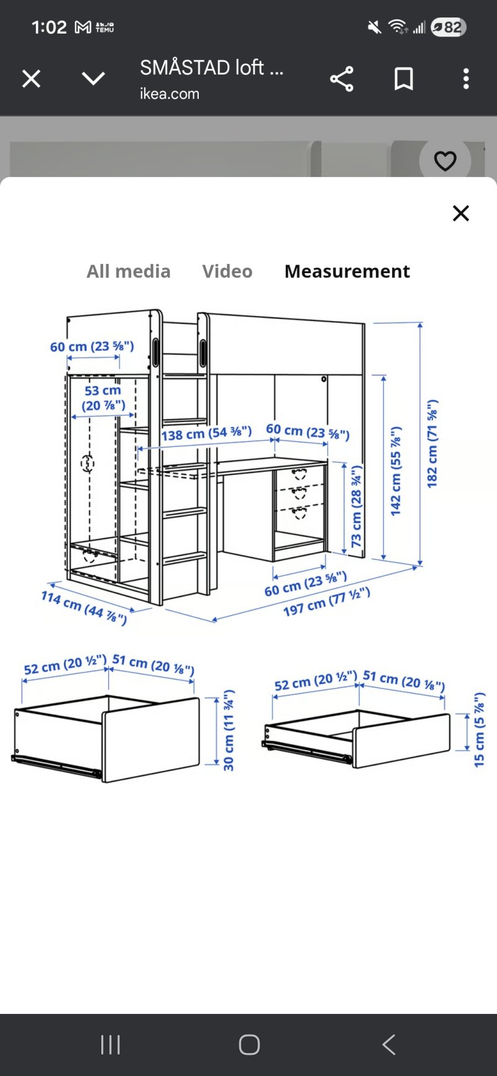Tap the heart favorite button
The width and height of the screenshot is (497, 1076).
[x=445, y=161]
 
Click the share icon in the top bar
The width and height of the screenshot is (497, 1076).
[x=342, y=79]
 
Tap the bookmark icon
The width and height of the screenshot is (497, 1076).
[x=404, y=79]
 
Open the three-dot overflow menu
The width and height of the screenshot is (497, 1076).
[x=466, y=79]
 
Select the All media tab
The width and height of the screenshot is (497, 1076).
[x=129, y=271]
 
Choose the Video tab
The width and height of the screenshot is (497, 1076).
[x=227, y=271]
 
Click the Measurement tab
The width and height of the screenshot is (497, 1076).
[x=347, y=271]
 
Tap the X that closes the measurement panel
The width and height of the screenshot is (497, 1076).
[x=461, y=213]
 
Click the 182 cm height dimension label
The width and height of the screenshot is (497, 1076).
[x=432, y=443]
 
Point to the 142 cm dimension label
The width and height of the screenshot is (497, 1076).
[x=396, y=471]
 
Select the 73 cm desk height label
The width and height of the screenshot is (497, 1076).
[x=357, y=507]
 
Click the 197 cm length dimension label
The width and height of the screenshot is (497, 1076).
[x=327, y=601]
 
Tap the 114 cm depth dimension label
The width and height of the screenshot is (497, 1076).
[x=84, y=608]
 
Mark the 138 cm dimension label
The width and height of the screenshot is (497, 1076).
[x=207, y=433]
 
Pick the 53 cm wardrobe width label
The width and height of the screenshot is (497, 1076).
[x=103, y=398]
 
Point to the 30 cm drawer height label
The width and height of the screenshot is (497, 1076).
[x=229, y=730]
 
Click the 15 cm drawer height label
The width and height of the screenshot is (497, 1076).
[x=479, y=730]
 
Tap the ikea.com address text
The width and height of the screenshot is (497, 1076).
[x=170, y=94]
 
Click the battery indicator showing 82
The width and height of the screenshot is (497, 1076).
[x=448, y=27]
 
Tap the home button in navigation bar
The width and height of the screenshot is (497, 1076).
[x=249, y=1044]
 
